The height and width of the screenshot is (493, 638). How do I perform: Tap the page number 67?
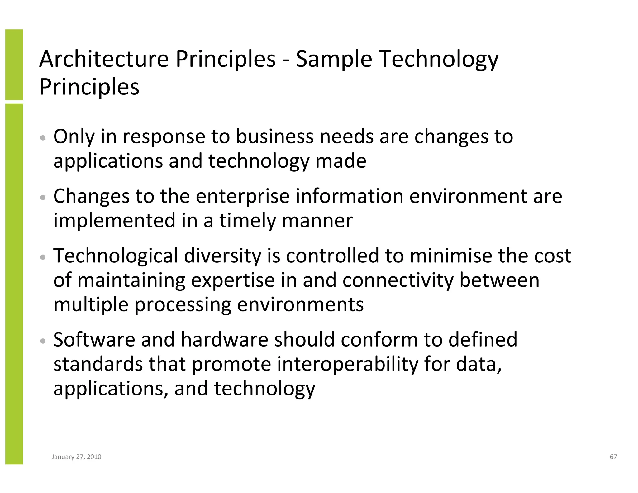[613, 457]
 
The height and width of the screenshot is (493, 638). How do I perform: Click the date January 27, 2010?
[76, 457]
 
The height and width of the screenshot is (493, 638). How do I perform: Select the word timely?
[248, 220]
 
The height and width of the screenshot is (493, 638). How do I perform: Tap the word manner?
[317, 220]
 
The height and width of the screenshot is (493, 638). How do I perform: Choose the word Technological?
[116, 256]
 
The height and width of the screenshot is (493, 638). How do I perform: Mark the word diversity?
[222, 256]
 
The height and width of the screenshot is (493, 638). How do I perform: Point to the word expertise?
[233, 280]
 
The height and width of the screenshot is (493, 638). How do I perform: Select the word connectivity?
[398, 280]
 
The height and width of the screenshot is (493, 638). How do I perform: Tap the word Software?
[94, 339]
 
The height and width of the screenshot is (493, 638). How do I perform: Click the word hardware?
[224, 339]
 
